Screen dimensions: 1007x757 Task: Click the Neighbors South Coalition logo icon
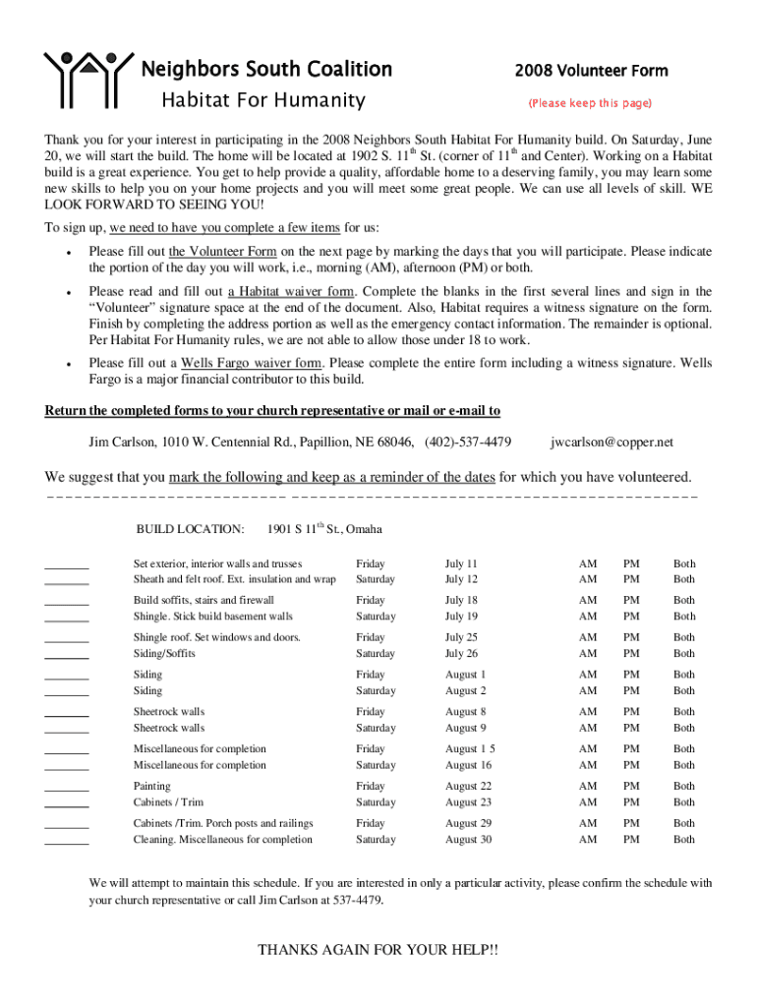tap(87, 78)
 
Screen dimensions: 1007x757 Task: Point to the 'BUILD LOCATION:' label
tap(190, 529)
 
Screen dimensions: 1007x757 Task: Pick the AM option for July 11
tap(587, 563)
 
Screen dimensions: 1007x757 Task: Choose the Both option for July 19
tap(683, 617)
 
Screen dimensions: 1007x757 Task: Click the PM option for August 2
tap(631, 690)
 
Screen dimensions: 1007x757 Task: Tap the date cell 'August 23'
tap(468, 802)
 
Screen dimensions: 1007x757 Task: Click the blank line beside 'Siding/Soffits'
tap(67, 658)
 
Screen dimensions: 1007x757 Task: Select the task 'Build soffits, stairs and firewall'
tap(204, 600)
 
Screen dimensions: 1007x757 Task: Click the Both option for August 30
tap(683, 840)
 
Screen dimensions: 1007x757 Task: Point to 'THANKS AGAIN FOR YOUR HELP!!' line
tap(378, 950)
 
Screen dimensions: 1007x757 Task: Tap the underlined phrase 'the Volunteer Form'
tap(222, 251)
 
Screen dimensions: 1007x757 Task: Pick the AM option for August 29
tap(587, 823)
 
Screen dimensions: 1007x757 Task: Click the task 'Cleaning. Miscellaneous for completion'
tap(223, 840)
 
